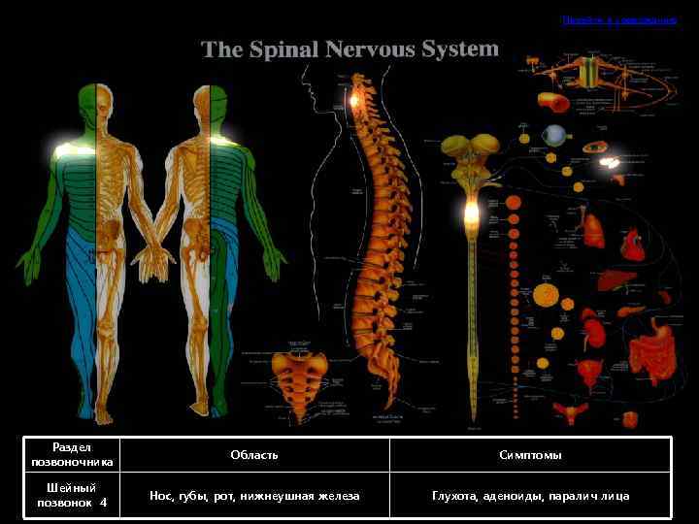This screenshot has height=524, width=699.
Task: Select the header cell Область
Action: click(254, 455)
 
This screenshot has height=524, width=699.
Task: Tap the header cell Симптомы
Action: click(530, 455)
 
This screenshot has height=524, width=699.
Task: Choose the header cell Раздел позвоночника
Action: click(72, 455)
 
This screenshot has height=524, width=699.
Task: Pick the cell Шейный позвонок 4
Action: click(72, 496)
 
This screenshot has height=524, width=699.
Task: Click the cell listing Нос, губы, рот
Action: click(254, 496)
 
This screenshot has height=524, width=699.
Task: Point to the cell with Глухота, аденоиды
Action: click(530, 496)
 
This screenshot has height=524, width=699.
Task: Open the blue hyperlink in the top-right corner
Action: click(618, 19)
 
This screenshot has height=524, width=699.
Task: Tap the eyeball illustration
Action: click(555, 135)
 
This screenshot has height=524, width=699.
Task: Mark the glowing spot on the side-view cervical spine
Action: click(355, 100)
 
